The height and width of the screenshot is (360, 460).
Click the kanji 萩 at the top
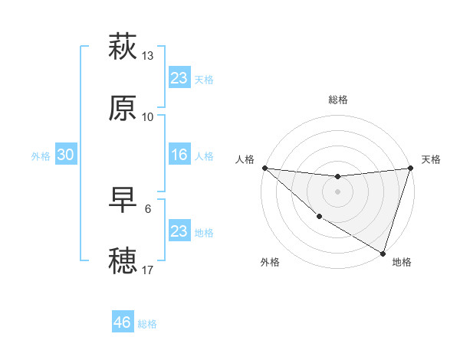123,47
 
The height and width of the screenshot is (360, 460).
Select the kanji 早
123,200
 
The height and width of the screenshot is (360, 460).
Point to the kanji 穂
123,260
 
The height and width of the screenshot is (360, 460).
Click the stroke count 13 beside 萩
148,56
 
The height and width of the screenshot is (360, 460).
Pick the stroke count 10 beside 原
148,116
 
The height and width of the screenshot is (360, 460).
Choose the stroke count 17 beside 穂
148,270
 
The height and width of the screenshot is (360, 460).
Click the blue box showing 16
179,155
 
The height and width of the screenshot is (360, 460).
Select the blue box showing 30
66,155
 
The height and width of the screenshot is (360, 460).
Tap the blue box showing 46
123,322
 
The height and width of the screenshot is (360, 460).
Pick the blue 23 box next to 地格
179,231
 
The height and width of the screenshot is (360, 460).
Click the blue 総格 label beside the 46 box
147,324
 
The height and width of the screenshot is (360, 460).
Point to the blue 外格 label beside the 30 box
41,155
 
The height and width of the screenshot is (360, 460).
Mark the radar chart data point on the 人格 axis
264,168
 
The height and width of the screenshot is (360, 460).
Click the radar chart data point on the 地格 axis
383,254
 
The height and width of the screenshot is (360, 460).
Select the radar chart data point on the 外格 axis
319,218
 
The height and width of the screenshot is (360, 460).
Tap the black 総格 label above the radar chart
338,100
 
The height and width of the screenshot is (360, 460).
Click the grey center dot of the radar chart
338,191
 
